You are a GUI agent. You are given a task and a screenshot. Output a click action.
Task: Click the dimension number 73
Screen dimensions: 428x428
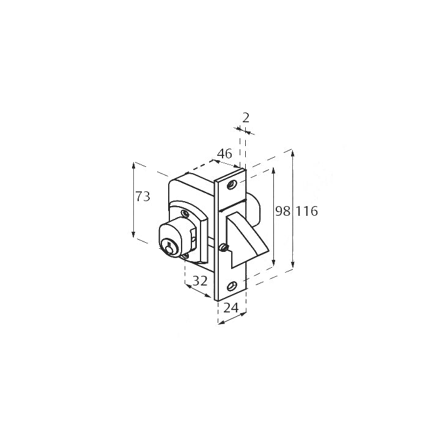[142, 196]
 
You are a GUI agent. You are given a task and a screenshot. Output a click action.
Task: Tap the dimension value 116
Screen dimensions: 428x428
[307, 212]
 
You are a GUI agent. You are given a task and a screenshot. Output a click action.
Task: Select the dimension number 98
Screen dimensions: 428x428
[282, 211]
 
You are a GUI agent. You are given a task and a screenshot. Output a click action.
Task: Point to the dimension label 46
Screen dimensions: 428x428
[224, 153]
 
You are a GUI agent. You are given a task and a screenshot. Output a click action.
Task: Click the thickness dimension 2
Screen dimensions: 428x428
[246, 118]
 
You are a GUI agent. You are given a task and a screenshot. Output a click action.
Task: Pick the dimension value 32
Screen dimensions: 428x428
[200, 281]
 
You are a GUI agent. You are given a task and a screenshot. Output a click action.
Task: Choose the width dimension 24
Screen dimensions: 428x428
[231, 308]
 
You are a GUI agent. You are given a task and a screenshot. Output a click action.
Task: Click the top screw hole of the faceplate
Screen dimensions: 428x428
[232, 185]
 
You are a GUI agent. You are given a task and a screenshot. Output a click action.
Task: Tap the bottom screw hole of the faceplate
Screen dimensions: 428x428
[232, 287]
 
